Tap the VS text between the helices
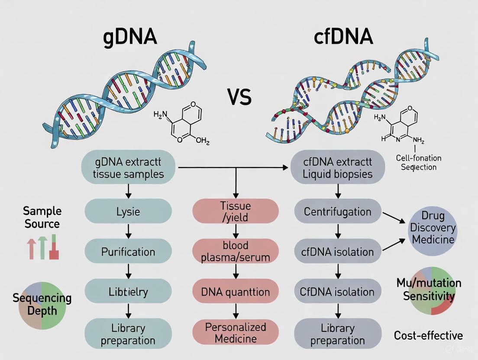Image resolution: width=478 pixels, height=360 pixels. tap(239, 97)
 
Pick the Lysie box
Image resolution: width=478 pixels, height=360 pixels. tap(128, 212)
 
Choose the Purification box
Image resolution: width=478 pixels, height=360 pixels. tap(128, 251)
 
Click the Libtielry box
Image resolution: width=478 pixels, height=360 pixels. tap(128, 291)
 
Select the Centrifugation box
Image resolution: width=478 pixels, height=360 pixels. tap(337, 212)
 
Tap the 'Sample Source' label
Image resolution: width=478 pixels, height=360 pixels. tap(42, 217)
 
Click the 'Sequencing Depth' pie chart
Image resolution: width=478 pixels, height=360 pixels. tap(42, 304)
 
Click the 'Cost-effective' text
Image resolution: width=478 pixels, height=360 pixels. tap(428, 335)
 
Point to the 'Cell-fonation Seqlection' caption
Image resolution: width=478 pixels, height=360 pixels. tap(419, 162)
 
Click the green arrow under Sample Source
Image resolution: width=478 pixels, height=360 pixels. tap(42, 247)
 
